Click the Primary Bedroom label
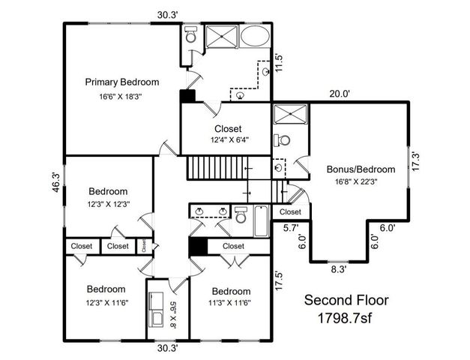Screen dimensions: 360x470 pyautogui.click(x=122, y=82)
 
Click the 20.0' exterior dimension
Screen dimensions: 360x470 pyautogui.click(x=342, y=94)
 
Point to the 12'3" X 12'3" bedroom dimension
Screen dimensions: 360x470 pyautogui.click(x=109, y=204)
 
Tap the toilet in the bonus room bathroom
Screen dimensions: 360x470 pyautogui.click(x=283, y=140)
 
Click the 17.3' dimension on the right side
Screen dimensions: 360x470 pyautogui.click(x=418, y=161)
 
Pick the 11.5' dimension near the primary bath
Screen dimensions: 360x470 pyautogui.click(x=279, y=61)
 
